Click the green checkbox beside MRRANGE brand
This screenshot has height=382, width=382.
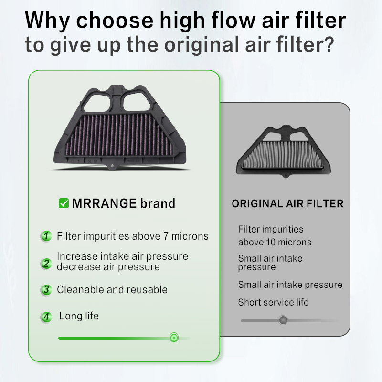click(64, 203)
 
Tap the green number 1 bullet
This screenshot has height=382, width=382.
click(46, 236)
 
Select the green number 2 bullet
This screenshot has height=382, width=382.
click(46, 263)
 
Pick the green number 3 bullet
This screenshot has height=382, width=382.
click(46, 290)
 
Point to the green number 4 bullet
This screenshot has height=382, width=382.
click(46, 317)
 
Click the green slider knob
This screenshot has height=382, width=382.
click(174, 338)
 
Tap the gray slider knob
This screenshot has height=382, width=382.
click(283, 320)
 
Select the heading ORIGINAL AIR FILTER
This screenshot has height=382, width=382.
click(287, 204)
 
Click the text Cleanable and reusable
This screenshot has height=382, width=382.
click(112, 289)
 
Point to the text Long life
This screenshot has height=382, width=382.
click(79, 316)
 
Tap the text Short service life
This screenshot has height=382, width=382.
click(273, 302)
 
